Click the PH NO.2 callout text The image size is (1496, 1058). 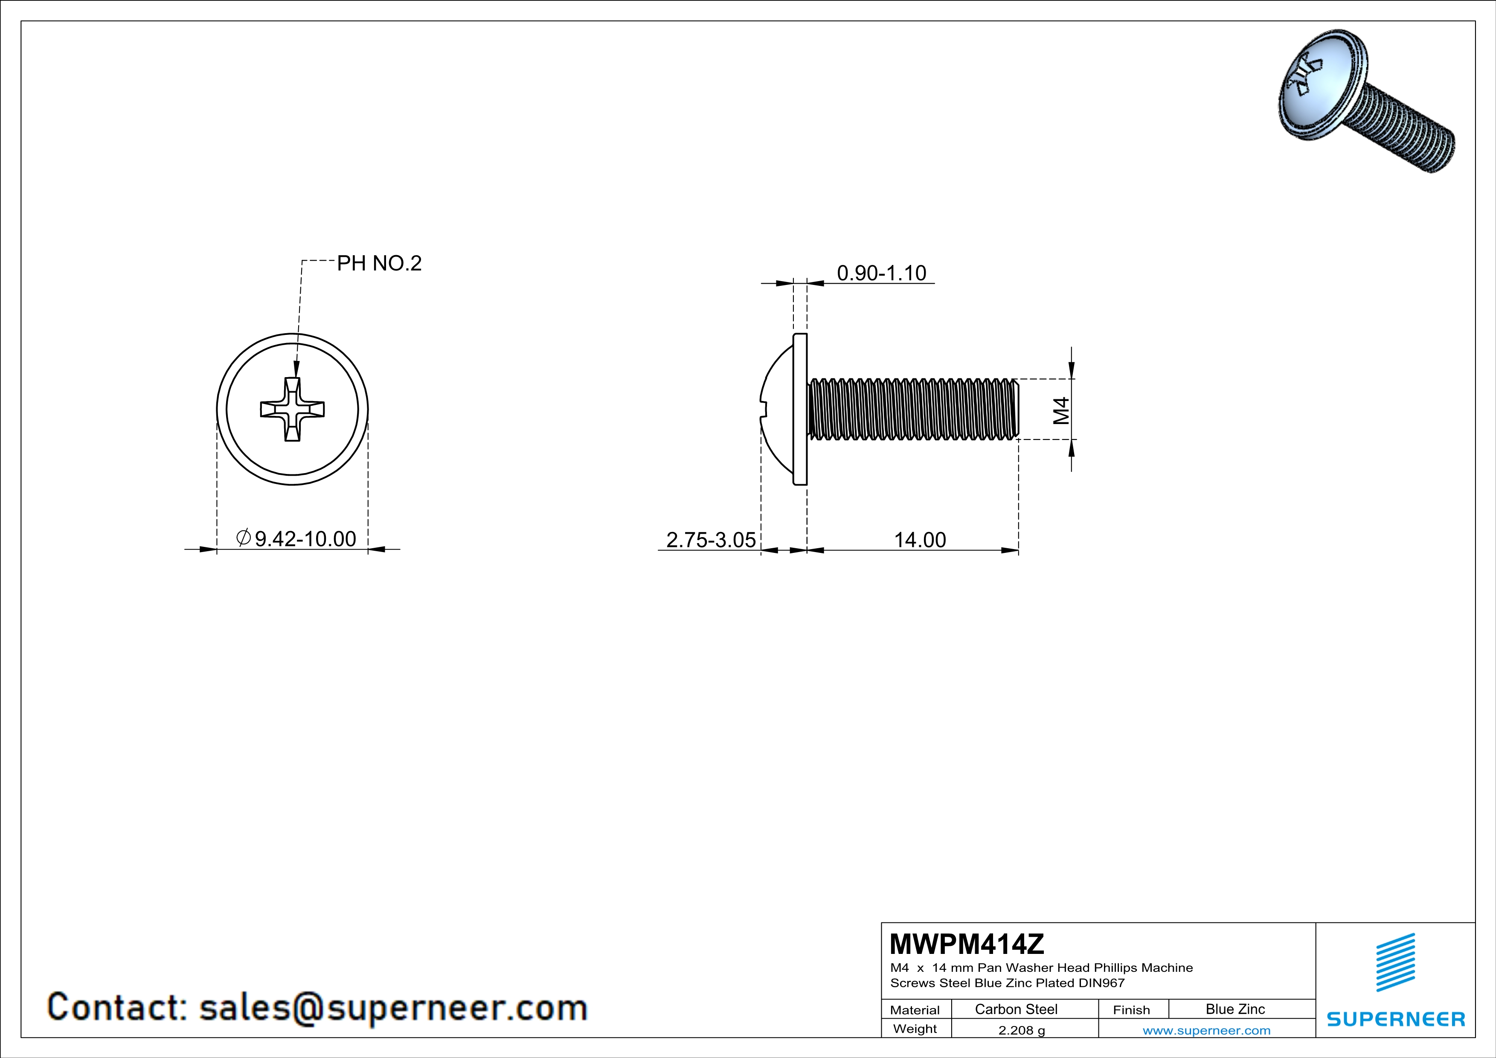click(x=379, y=263)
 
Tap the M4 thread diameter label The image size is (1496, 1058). click(x=1061, y=410)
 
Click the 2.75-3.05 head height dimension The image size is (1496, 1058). click(x=711, y=539)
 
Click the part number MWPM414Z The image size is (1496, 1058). click(x=966, y=943)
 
